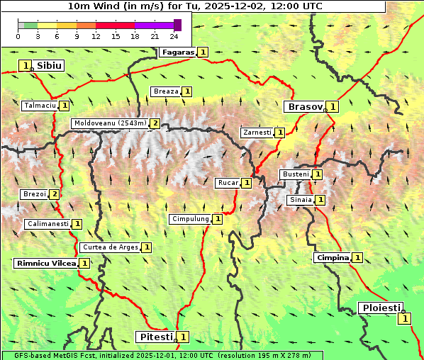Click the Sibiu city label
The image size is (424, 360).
(49, 65)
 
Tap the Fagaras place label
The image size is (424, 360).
(177, 52)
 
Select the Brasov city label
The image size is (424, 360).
(304, 106)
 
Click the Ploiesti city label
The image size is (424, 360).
(381, 308)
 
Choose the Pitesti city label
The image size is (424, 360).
(155, 336)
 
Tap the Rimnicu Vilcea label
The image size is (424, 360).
(45, 263)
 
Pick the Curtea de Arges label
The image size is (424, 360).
(109, 247)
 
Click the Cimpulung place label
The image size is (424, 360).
(190, 219)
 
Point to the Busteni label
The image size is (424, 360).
(295, 174)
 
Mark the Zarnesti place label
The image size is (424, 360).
(257, 133)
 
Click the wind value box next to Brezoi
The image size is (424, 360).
(54, 194)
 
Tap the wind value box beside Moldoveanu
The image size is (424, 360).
(155, 123)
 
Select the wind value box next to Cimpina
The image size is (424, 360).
(357, 258)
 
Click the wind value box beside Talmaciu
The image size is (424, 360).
(64, 106)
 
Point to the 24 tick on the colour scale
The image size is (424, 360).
(174, 36)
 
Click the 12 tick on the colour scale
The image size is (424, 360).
(96, 36)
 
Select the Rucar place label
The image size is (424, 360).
(228, 183)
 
